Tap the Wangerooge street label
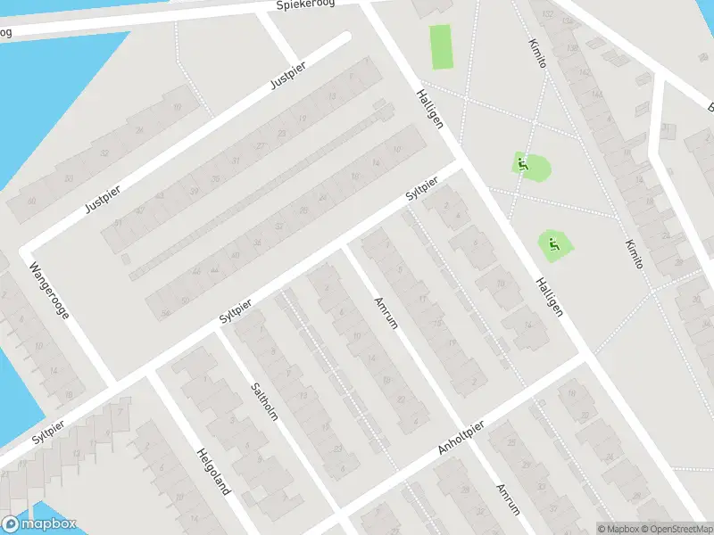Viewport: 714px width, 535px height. pyautogui.click(x=49, y=290)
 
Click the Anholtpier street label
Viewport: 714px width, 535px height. pyautogui.click(x=461, y=439)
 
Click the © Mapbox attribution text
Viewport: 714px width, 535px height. pyautogui.click(x=618, y=529)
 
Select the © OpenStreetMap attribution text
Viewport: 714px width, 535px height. pyautogui.click(x=676, y=529)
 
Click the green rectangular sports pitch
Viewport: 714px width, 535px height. pyautogui.click(x=441, y=46)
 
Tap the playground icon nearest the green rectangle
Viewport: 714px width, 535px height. pyautogui.click(x=522, y=164)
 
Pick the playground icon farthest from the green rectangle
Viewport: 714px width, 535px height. pyautogui.click(x=554, y=244)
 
